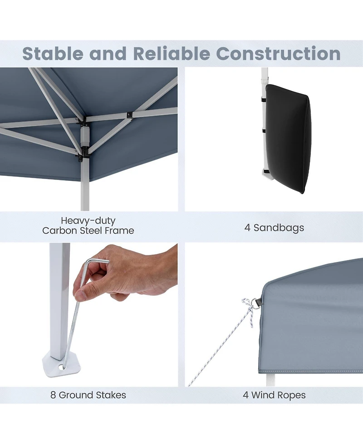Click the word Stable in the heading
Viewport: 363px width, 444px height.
coord(53,53)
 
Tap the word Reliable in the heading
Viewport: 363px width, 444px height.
coord(172,53)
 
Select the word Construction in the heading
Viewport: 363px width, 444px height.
coord(278,53)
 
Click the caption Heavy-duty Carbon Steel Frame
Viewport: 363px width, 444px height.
coord(88,225)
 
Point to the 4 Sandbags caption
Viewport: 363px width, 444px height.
coord(274,228)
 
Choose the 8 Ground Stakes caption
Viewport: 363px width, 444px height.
coord(88,395)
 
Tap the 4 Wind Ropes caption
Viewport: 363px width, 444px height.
coord(274,395)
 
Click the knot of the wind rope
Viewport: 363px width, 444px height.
coord(246,302)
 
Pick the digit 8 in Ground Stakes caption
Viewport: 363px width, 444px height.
coord(53,395)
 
